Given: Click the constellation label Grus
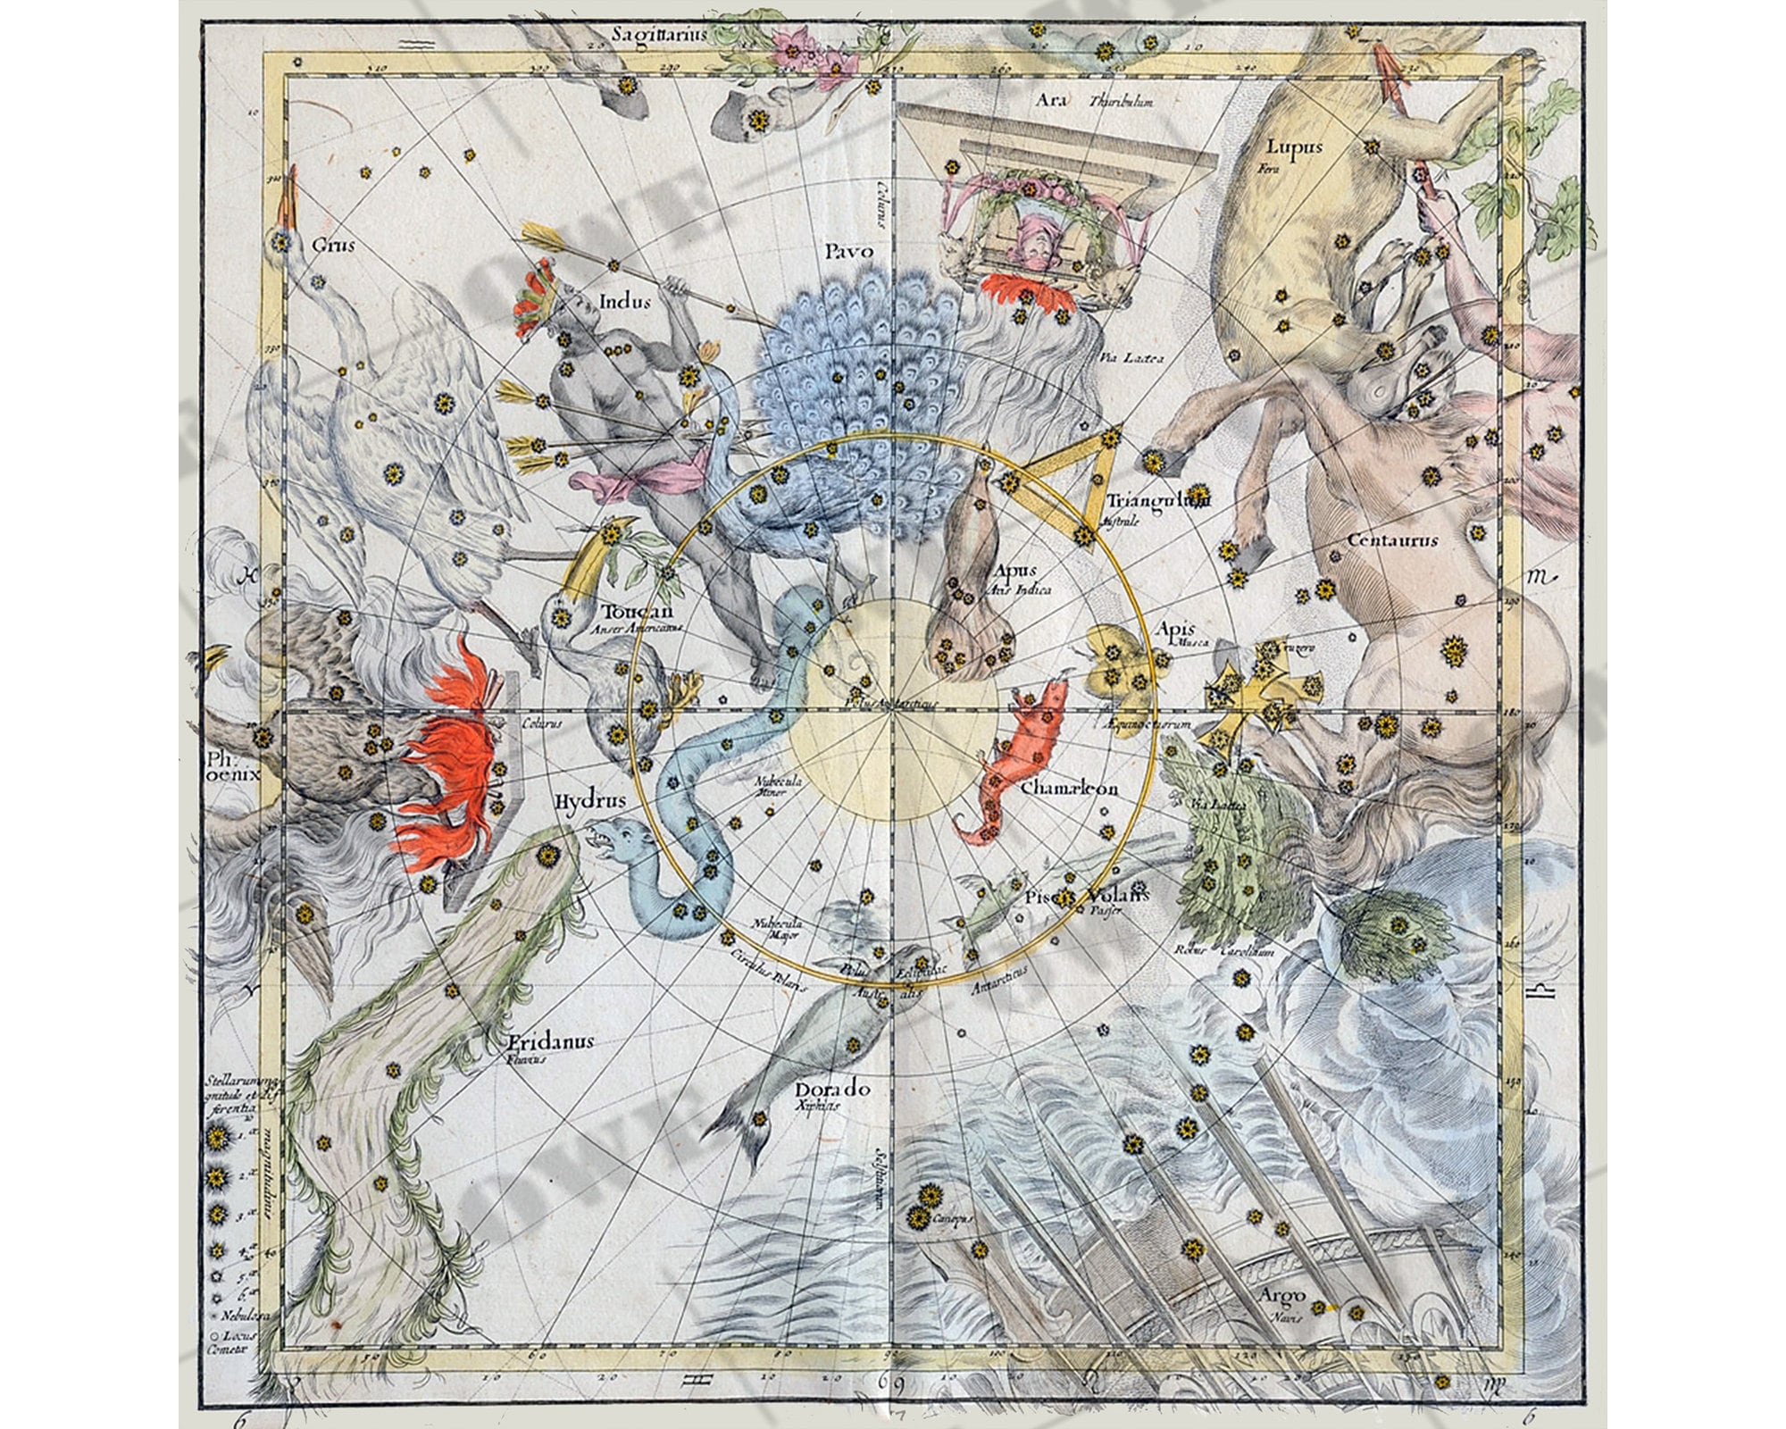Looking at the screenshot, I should pos(332,244).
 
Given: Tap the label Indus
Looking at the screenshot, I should pos(625,302).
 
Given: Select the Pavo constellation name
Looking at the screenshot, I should pos(847,253).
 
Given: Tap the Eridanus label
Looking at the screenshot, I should pos(550,1041).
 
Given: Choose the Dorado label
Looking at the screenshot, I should pos(832,1089).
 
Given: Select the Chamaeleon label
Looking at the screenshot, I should pos(1069,789).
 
